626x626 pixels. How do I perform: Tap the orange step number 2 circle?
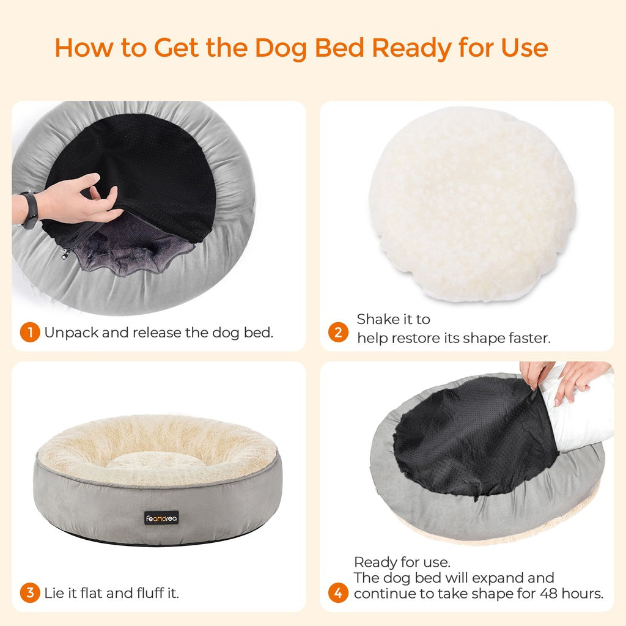click(338, 333)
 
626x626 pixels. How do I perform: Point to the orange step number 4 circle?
click(338, 593)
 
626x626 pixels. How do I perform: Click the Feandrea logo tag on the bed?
click(162, 517)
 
